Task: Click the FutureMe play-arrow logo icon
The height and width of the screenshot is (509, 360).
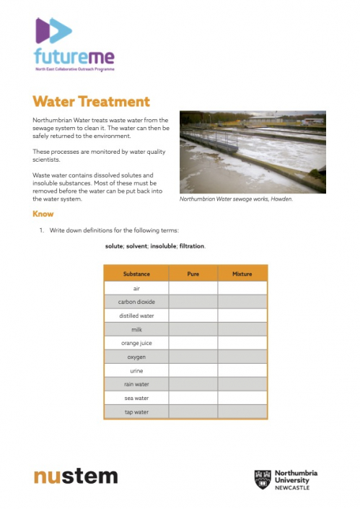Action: pyautogui.click(x=53, y=30)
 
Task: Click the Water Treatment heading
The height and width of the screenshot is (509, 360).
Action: pyautogui.click(x=91, y=102)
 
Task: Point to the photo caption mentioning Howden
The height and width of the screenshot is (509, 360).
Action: pyautogui.click(x=235, y=199)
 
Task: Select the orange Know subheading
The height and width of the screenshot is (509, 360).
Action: pyautogui.click(x=43, y=214)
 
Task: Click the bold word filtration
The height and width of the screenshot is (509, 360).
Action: pyautogui.click(x=192, y=246)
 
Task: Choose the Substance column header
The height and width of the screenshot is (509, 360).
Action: pyautogui.click(x=136, y=274)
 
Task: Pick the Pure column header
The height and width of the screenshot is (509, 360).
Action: pyautogui.click(x=193, y=274)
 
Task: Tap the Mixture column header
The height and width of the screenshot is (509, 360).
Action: pyautogui.click(x=242, y=274)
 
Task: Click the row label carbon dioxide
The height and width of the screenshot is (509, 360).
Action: pyautogui.click(x=136, y=302)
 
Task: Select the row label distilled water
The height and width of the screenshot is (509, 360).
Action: pyautogui.click(x=136, y=316)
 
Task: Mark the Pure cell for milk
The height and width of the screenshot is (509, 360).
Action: pyautogui.click(x=193, y=329)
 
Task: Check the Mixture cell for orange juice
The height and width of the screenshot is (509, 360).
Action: pyautogui.click(x=242, y=343)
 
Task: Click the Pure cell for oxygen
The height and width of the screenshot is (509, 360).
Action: pyautogui.click(x=193, y=357)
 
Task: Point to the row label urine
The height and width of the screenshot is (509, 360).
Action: pyautogui.click(x=136, y=370)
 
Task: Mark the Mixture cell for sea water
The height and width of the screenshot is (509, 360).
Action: pyautogui.click(x=242, y=398)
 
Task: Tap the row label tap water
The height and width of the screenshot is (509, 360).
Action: pyautogui.click(x=136, y=412)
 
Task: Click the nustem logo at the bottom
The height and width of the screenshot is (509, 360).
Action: pyautogui.click(x=76, y=477)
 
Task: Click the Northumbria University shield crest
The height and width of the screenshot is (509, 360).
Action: pyautogui.click(x=262, y=479)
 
